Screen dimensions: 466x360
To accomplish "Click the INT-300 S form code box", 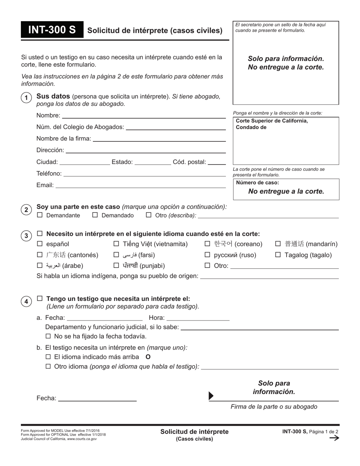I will click(x=52, y=30).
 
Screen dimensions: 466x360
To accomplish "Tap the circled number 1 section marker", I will click(x=26, y=98).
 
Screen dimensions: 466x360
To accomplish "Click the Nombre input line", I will click(x=144, y=116).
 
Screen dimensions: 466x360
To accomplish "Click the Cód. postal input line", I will click(x=217, y=162).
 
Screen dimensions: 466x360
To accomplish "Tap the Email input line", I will click(x=141, y=185).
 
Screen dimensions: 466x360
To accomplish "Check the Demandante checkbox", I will click(x=40, y=215).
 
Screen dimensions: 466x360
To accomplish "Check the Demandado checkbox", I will click(x=95, y=215).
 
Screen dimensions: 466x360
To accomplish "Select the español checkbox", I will click(x=40, y=244).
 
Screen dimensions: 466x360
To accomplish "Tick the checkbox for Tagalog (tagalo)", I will click(x=278, y=255).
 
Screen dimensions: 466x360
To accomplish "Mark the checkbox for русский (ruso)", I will click(x=207, y=255).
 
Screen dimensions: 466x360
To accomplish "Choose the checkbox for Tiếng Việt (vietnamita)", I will click(x=116, y=244).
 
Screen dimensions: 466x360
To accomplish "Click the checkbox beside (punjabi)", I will click(x=116, y=266).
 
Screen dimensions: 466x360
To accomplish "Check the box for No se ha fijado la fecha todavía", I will click(x=48, y=336).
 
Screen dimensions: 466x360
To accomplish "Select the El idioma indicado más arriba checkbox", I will click(x=48, y=357).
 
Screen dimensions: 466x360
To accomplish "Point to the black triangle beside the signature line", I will click(x=211, y=396).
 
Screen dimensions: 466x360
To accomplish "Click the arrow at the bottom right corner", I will click(x=334, y=438).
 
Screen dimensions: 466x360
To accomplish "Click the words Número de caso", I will click(x=257, y=183).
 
